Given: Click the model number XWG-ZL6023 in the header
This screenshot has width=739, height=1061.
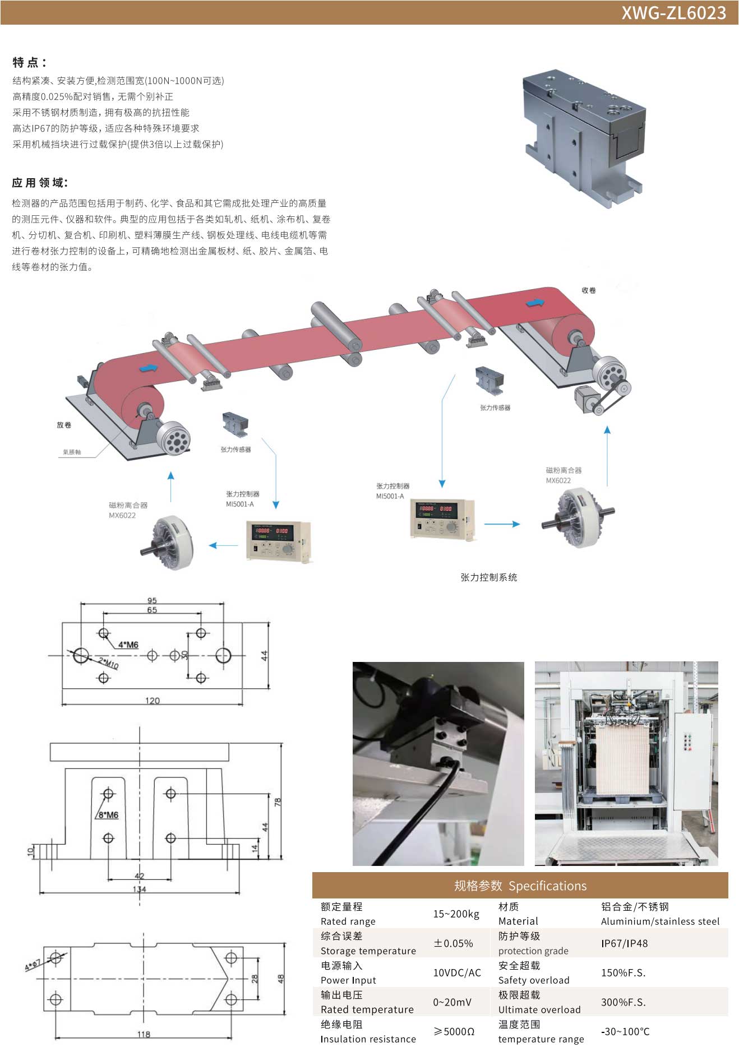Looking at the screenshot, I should tap(673, 13).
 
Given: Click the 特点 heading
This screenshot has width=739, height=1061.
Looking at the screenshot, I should tap(29, 62).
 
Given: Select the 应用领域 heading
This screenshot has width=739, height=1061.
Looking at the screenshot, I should tap(40, 183).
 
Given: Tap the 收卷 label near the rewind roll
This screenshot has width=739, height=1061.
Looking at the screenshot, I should tap(589, 290).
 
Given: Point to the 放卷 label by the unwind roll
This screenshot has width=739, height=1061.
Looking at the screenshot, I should tap(64, 425).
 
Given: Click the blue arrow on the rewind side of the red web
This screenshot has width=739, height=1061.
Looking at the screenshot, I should tap(535, 303).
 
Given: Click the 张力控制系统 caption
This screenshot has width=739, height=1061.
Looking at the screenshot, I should tap(488, 577).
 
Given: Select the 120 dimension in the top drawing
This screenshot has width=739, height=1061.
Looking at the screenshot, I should tap(153, 701).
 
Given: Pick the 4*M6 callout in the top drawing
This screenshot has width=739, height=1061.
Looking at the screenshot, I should tap(128, 645).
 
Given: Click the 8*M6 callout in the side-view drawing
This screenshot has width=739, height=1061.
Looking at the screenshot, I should tap(108, 815).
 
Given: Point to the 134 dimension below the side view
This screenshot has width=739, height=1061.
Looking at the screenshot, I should tap(139, 889).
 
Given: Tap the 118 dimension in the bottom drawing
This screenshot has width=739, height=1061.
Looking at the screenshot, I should tap(144, 1034).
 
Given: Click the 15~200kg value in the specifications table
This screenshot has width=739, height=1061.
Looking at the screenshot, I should tap(456, 914).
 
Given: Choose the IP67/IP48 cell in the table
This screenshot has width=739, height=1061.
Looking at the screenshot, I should tap(624, 943).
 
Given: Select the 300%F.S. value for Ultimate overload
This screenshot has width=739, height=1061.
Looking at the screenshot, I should tap(623, 1002).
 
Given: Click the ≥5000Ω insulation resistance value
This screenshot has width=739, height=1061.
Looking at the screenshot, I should tap(454, 1031).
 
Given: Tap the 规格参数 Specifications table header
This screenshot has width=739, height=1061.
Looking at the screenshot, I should tap(520, 886).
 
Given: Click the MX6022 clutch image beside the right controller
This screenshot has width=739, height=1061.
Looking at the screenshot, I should tap(578, 517).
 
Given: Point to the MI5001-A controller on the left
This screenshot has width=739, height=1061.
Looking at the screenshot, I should tap(278, 540).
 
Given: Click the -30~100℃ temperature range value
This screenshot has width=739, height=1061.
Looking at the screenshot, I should tap(625, 1031).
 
